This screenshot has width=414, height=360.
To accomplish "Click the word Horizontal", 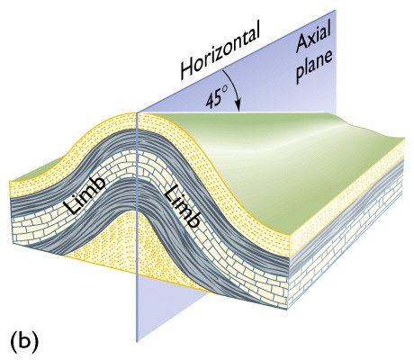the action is pos(220,52).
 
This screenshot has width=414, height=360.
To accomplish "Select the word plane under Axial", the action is pos(314,68).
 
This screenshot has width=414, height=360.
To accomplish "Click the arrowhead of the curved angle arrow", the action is pos(238,107).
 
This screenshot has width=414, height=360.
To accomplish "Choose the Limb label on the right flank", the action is pos(182,206).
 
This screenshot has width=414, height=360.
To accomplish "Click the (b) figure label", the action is pos(24,342).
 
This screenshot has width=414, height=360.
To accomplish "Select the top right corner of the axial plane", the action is pos(335,10).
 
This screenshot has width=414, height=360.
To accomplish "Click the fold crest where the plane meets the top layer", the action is pos(137,112).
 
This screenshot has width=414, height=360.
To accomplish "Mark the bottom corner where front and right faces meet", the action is pos(288,309).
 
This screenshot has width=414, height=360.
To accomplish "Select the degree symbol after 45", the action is pos(226,90).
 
